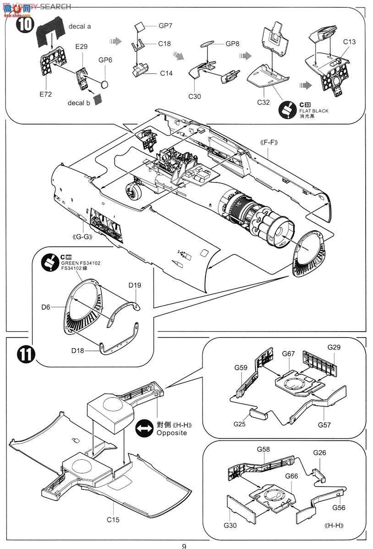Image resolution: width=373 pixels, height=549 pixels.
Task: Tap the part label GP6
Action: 105,60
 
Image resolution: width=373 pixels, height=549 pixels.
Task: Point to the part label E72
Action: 46,95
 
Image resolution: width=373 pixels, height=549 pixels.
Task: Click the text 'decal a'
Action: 80,27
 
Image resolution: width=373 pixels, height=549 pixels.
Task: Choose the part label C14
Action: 166,73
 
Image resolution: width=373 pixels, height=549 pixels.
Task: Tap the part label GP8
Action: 233,44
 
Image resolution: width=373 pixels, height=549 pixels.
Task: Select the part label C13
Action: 350,42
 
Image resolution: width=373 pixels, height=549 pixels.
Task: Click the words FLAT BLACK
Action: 314,111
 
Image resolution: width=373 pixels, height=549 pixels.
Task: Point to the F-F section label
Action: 270,143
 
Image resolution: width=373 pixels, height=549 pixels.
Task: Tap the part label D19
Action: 135,285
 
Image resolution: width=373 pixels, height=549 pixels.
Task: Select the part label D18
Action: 78,350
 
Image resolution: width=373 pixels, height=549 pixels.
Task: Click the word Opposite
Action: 172,433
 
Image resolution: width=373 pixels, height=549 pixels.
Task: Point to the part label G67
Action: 289,354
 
